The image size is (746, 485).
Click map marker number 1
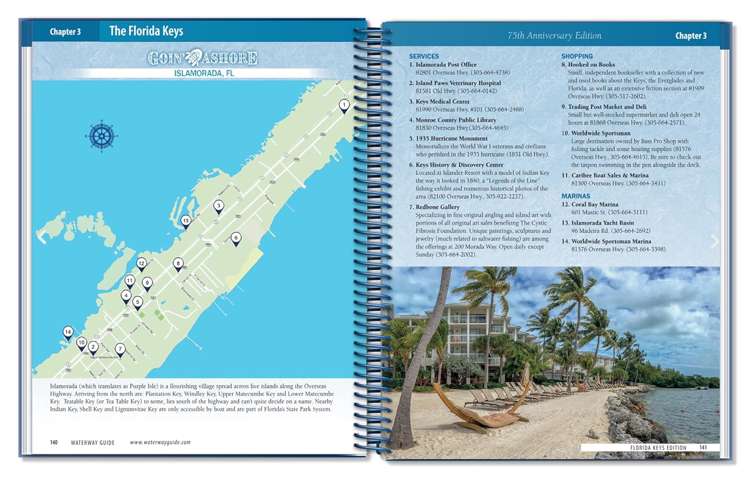pyautogui.click(x=344, y=106)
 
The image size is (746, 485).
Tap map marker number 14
pyautogui.click(x=68, y=332)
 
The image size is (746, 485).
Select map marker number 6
pyautogui.click(x=236, y=238)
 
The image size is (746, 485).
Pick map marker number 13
pyautogui.click(x=186, y=221)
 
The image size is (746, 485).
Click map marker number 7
pyautogui.click(x=120, y=349)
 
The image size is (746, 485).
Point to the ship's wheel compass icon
pyautogui.click(x=101, y=135)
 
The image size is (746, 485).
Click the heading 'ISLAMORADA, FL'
pyautogui.click(x=204, y=73)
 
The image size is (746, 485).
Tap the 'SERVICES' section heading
pyautogui.click(x=424, y=56)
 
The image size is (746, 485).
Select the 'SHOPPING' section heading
pyautogui.click(x=577, y=56)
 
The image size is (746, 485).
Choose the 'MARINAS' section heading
pyautogui.click(x=575, y=196)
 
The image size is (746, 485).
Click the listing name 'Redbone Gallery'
pyautogui.click(x=437, y=207)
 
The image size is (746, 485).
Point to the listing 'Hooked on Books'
pyautogui.click(x=591, y=64)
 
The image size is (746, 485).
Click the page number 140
pyautogui.click(x=54, y=442)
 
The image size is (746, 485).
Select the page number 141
pyautogui.click(x=703, y=447)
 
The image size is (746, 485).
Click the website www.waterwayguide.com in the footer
pyautogui.click(x=160, y=442)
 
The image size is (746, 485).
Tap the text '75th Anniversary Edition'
pyautogui.click(x=554, y=35)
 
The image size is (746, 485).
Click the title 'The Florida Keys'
pyautogui.click(x=146, y=31)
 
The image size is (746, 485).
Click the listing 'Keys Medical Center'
pyautogui.click(x=443, y=101)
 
